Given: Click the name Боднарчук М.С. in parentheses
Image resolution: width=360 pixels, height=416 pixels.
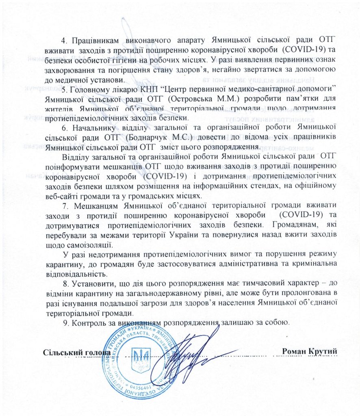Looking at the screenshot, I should coord(146,137).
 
